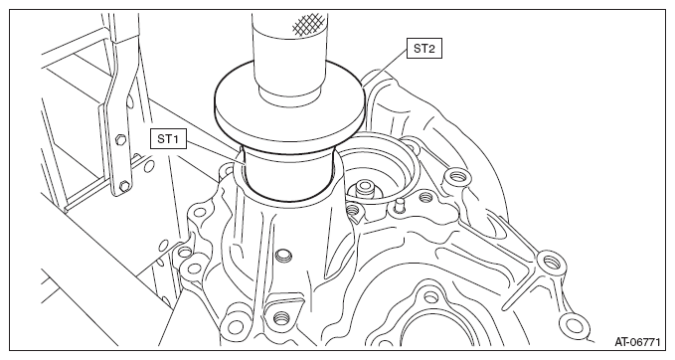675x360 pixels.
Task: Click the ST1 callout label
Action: [168, 139]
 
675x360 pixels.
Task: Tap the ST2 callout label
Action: [424, 48]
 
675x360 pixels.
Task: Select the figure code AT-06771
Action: [637, 342]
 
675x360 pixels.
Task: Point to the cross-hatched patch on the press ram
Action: [308, 23]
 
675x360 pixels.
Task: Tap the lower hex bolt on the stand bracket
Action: [124, 186]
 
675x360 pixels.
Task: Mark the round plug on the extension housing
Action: [283, 254]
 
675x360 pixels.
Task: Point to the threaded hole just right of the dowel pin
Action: [425, 197]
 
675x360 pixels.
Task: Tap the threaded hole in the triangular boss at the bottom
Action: [279, 318]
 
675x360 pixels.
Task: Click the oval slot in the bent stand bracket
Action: [128, 101]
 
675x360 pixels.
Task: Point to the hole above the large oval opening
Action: [430, 297]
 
